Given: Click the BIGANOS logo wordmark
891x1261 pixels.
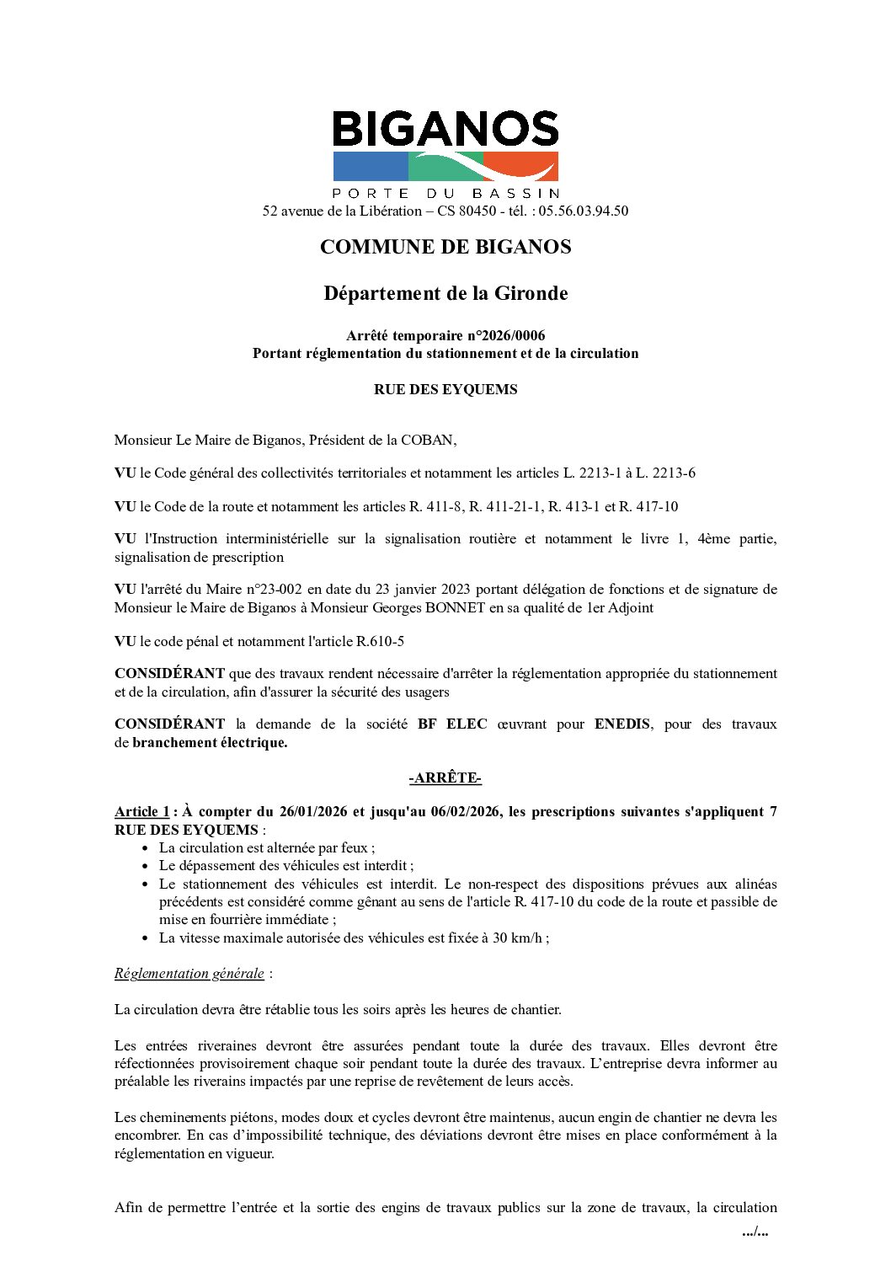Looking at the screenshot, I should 445,130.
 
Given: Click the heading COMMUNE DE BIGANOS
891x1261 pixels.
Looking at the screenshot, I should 445,247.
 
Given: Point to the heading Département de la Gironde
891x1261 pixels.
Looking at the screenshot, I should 445,293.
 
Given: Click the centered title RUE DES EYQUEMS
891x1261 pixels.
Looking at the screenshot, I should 445,389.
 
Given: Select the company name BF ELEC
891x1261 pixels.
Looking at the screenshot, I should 452,724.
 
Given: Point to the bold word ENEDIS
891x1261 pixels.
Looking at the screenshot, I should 622,724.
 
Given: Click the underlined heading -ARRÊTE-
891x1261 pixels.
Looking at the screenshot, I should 445,777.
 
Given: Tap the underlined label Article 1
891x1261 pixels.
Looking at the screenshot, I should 141,811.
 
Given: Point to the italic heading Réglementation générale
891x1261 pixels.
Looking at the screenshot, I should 189,973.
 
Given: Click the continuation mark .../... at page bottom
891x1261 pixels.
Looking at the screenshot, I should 755,1232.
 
